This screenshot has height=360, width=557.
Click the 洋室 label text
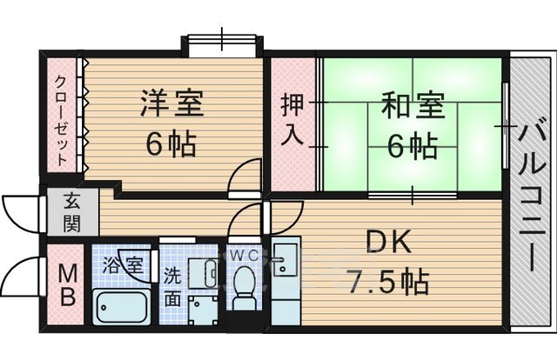coord(172,103)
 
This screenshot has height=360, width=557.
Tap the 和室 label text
coord(413,108)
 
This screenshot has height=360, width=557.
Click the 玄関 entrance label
coord(71,211)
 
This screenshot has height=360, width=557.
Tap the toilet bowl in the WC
coord(245,285)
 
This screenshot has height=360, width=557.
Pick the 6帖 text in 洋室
coord(171,142)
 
